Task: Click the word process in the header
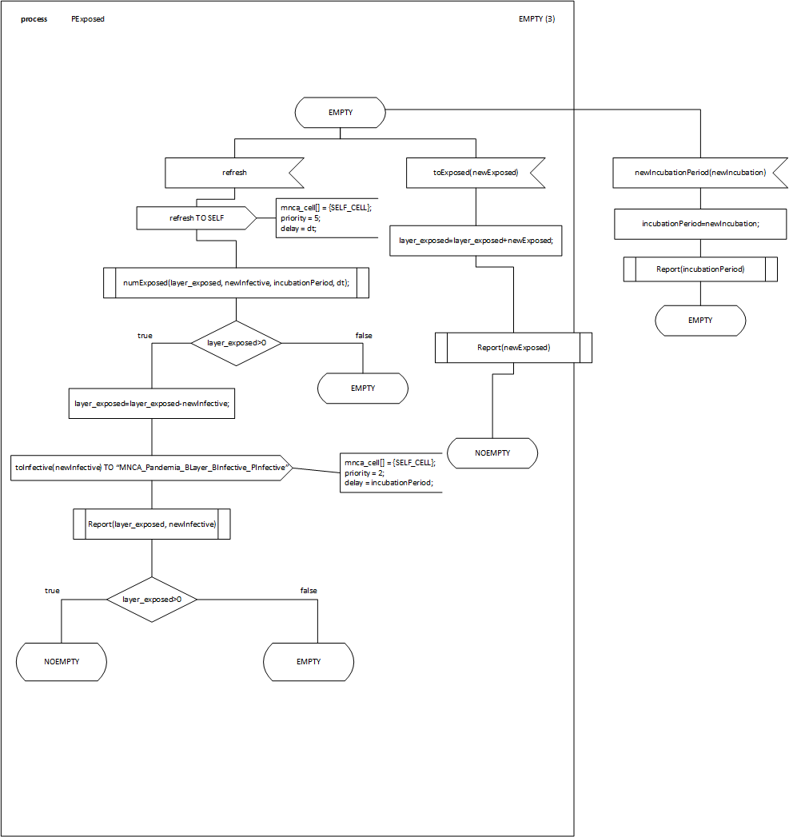34,19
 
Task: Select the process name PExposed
87,19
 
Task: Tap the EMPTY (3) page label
536,19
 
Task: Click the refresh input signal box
233,172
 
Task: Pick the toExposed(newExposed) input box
475,172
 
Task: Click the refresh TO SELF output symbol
196,217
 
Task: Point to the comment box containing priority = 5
325,217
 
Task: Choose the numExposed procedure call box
236,283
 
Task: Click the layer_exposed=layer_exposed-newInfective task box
152,404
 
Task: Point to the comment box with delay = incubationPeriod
390,472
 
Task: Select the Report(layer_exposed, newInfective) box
152,524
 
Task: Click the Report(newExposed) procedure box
513,348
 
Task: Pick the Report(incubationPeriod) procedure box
700,269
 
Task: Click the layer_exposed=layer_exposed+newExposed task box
476,240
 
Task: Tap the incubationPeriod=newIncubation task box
700,224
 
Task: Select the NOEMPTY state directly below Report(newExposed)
492,453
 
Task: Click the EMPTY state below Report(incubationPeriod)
700,321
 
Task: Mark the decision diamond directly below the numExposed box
236,343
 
